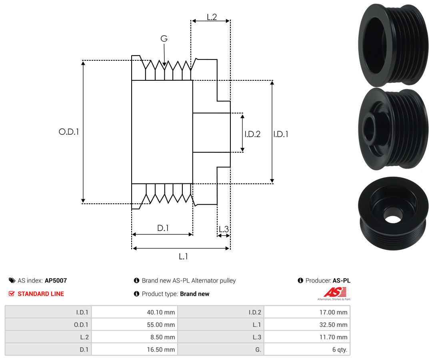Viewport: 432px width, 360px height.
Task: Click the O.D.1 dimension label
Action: tap(69, 131)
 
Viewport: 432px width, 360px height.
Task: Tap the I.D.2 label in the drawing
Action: tap(252, 134)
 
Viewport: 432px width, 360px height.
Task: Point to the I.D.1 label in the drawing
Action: tap(280, 134)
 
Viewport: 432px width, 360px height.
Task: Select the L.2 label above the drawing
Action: tap(212, 17)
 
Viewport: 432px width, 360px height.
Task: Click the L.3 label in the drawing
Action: tap(224, 229)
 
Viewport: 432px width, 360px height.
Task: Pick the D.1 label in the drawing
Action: tap(163, 228)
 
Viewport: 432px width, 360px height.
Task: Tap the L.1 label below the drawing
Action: tap(183, 257)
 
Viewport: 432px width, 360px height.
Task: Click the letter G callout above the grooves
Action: tap(164, 39)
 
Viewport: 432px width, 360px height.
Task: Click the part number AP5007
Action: tap(56, 280)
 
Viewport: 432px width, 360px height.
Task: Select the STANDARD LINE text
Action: tap(41, 294)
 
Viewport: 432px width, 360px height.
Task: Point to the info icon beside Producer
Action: tap(300, 280)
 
